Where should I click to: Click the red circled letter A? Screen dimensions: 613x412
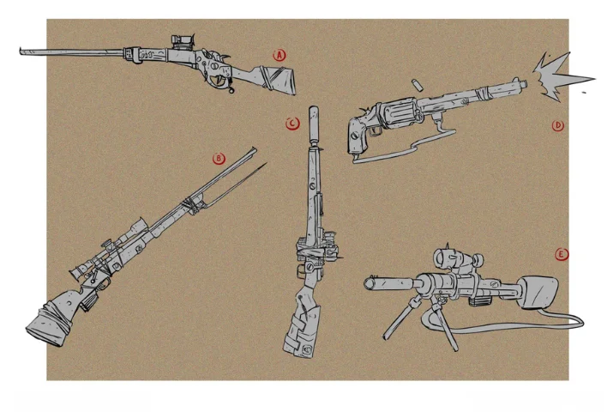coord(279,55)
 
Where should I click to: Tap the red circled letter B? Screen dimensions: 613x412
coord(219,159)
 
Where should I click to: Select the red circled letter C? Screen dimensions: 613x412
coord(292,124)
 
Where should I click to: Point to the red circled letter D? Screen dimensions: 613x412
coord(558,125)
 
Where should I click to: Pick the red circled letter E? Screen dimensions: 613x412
coord(562,255)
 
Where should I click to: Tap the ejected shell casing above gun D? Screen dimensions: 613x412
coord(417,84)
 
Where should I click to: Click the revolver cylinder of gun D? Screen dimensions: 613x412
coord(398,113)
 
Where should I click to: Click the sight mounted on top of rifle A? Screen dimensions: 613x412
coord(182,41)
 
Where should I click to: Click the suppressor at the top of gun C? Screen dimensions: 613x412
coord(313,124)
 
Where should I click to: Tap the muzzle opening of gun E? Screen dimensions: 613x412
coord(370,283)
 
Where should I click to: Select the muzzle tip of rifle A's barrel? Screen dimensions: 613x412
coord(21,51)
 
